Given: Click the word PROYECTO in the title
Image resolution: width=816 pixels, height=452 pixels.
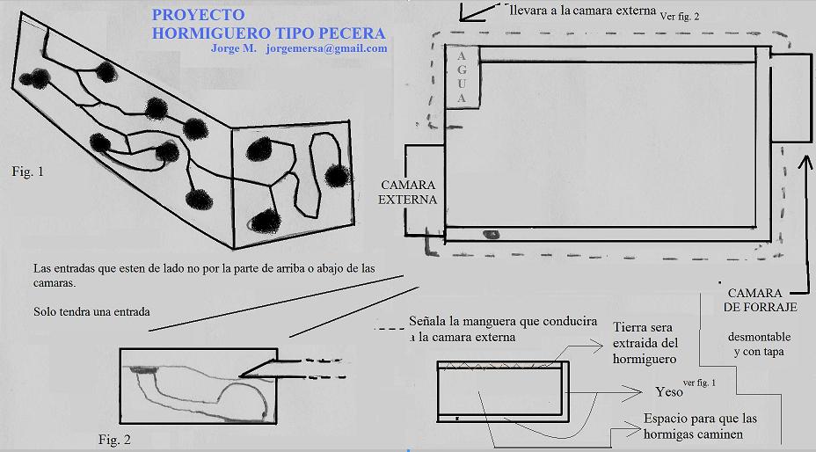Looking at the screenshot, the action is click(198, 14).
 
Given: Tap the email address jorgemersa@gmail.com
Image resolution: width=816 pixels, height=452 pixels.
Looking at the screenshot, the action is click(326, 48).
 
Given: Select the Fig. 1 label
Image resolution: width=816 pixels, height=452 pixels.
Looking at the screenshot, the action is click(27, 171).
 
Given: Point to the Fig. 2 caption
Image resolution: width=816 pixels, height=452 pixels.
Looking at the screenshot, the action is click(114, 440).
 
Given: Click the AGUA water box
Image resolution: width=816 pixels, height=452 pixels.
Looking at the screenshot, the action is click(463, 77).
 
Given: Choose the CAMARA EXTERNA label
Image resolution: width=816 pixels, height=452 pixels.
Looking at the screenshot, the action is click(407, 193).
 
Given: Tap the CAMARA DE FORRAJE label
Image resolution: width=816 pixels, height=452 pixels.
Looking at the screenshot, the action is click(760, 300).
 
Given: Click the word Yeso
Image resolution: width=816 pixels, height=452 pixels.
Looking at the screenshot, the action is click(669, 391).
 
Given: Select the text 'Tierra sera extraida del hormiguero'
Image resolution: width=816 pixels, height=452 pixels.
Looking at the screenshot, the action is click(645, 343).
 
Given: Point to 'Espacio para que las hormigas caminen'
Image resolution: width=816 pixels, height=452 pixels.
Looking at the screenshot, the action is click(700, 426).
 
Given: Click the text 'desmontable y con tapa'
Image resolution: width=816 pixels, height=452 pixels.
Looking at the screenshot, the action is click(759, 344).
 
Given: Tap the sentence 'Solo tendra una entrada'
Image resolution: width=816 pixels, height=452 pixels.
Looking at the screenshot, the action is click(91, 312).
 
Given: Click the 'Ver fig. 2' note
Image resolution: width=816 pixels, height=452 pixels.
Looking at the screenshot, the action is click(680, 16).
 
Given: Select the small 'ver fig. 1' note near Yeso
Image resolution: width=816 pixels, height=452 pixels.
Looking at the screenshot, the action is click(699, 383).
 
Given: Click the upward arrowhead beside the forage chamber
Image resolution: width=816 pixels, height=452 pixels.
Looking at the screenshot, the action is click(805, 163).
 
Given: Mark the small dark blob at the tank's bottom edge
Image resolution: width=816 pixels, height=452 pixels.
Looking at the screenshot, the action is click(491, 234).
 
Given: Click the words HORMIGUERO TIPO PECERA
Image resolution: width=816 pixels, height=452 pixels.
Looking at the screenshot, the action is click(268, 33).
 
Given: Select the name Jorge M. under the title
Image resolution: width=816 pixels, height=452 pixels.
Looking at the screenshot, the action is click(234, 48).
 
